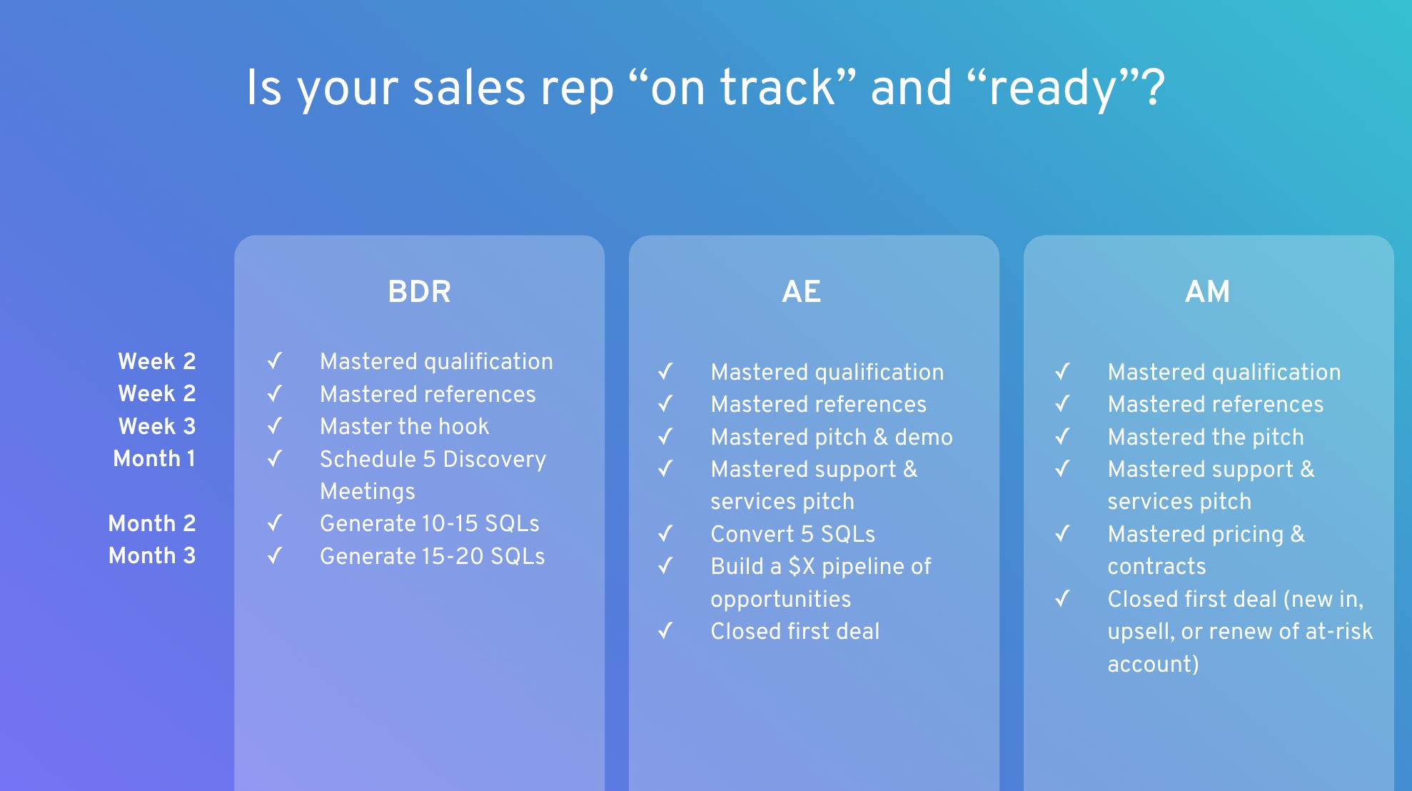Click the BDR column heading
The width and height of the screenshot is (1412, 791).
click(x=419, y=291)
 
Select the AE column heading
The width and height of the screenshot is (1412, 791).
click(x=801, y=291)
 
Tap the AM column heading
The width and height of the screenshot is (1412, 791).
click(x=1207, y=291)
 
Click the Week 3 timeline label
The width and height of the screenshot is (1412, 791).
click(x=156, y=426)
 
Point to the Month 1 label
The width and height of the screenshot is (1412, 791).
click(x=154, y=458)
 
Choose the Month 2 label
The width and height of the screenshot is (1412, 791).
click(x=151, y=523)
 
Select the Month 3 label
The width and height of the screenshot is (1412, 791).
click(x=151, y=555)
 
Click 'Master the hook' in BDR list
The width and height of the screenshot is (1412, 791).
click(x=404, y=426)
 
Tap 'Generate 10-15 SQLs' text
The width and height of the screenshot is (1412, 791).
click(x=429, y=523)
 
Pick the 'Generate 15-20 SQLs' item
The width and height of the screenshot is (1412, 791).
click(x=432, y=556)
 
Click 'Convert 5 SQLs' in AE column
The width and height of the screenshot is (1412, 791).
click(x=792, y=534)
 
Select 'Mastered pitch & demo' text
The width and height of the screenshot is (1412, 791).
click(x=831, y=437)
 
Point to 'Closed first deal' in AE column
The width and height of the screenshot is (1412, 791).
click(x=795, y=631)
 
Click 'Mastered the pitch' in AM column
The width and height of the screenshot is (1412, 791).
click(x=1205, y=437)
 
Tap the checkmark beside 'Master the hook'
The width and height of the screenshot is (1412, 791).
click(x=275, y=426)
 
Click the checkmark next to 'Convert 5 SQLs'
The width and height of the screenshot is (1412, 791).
click(x=665, y=533)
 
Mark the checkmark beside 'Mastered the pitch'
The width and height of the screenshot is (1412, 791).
click(x=1062, y=436)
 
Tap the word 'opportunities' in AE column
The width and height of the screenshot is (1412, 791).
click(x=780, y=599)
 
